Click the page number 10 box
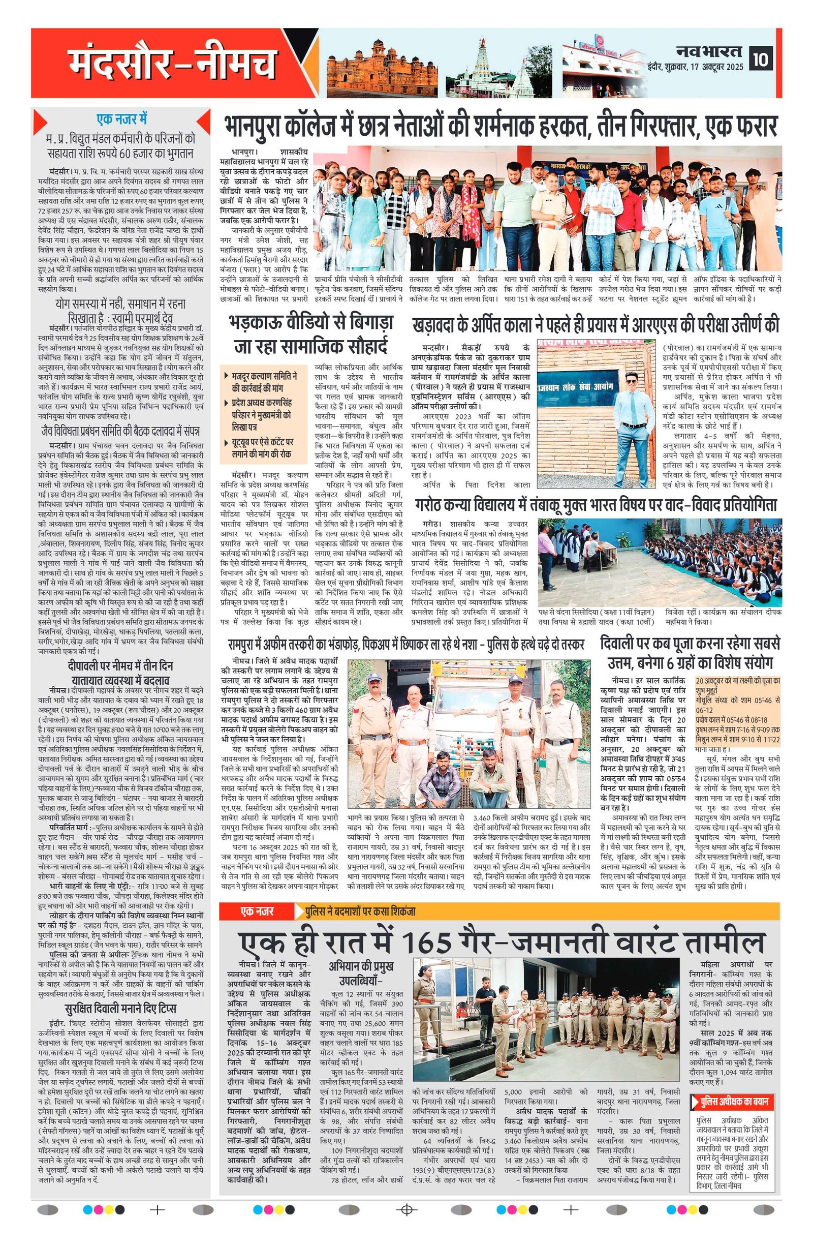point(761,59)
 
